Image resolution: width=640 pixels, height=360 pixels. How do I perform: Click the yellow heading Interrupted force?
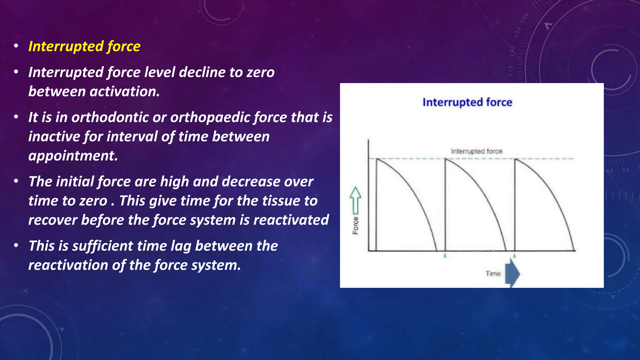pyautogui.click(x=84, y=46)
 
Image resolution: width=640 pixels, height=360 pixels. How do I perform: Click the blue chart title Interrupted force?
pyautogui.click(x=467, y=102)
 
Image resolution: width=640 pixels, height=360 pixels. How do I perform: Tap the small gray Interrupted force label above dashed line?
pyautogui.click(x=476, y=151)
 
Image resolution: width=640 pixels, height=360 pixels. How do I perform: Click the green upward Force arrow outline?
pyautogui.click(x=355, y=200)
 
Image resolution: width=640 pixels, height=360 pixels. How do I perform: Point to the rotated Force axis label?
pyautogui.click(x=356, y=226)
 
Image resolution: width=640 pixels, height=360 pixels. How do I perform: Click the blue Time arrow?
pyautogui.click(x=512, y=273)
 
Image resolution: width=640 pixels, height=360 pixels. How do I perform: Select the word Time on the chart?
pyautogui.click(x=493, y=273)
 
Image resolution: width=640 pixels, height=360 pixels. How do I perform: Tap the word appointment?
pyautogui.click(x=73, y=156)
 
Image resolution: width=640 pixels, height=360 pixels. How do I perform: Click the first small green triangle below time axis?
pyautogui.click(x=445, y=256)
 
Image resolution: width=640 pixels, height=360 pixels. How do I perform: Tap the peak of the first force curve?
pyautogui.click(x=377, y=159)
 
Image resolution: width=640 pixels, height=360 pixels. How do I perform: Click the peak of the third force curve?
pyautogui.click(x=515, y=159)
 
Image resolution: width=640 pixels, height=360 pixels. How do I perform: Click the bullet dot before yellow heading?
pyautogui.click(x=16, y=46)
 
